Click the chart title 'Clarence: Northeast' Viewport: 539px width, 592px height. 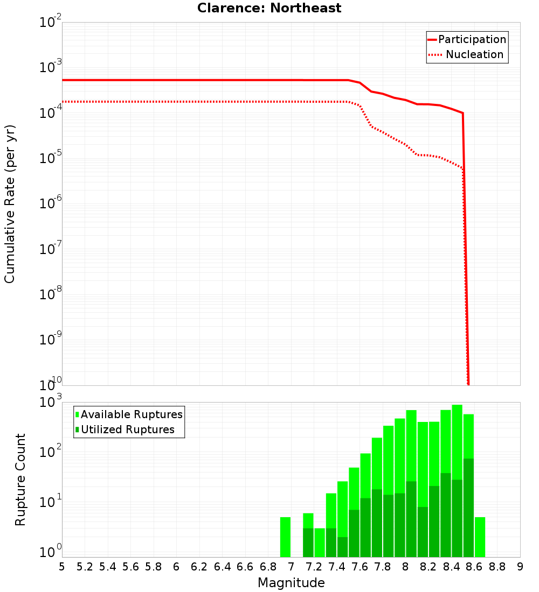(269, 8)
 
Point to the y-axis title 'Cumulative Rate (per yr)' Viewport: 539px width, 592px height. (10, 204)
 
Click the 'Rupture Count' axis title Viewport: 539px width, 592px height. (20, 480)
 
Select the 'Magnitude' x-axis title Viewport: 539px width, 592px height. (291, 583)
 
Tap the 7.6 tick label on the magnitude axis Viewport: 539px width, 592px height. (360, 567)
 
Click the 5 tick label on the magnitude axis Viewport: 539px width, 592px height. (62, 567)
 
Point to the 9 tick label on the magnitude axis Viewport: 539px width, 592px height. (520, 567)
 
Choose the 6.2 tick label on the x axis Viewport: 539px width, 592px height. (199, 567)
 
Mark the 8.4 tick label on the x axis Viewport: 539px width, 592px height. (452, 567)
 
